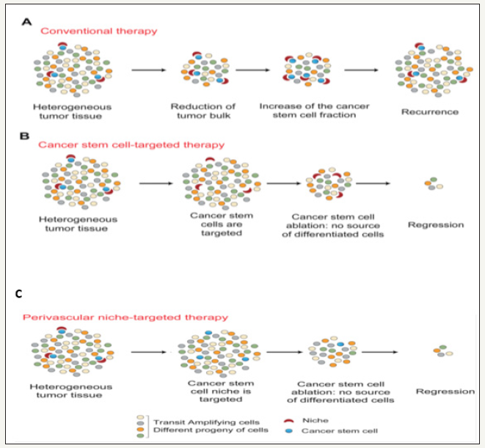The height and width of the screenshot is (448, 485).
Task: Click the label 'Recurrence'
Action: (x=430, y=111)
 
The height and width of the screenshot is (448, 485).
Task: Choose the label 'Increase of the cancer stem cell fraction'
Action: (x=314, y=111)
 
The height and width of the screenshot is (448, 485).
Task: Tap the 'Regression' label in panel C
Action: (x=445, y=391)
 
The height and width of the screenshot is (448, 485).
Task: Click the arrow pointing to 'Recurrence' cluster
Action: (x=365, y=70)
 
